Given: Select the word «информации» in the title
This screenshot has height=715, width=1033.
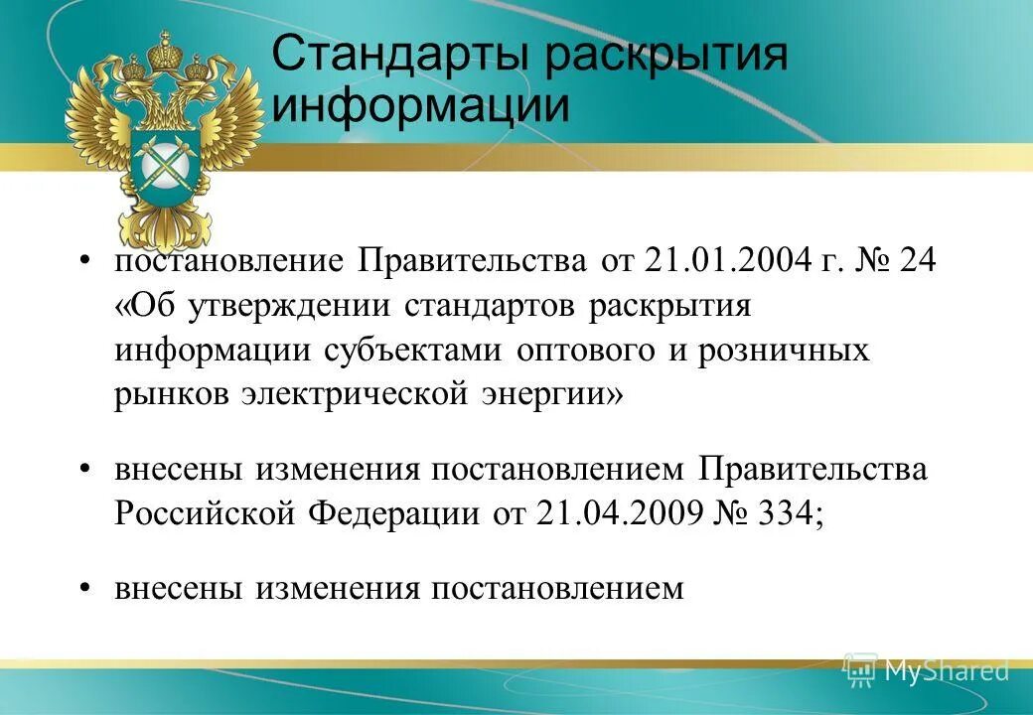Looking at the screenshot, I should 421,106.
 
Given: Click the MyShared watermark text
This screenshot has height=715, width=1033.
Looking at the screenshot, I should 945,670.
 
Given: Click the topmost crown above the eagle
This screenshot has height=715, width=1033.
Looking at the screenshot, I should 157,45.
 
